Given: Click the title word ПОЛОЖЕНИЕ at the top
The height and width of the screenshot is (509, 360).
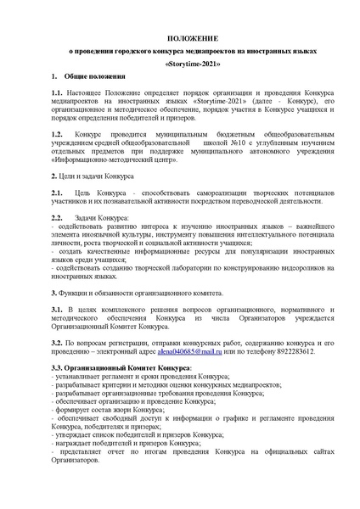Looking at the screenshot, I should (179, 38).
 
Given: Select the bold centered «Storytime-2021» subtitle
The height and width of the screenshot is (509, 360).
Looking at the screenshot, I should (179, 64).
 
